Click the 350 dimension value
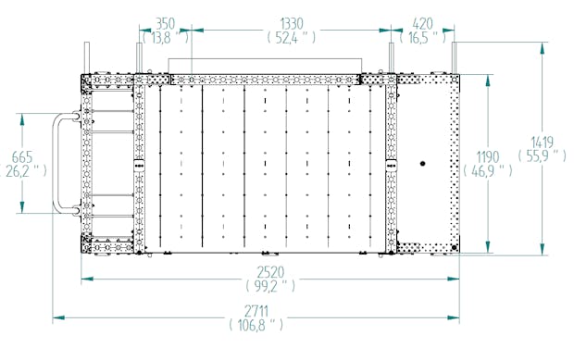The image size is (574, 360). tap(166, 24)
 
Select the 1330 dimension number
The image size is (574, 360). tap(292, 24)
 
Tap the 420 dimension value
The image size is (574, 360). tap(422, 24)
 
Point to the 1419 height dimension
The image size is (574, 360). tap(542, 143)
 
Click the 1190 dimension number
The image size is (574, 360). tap(488, 157)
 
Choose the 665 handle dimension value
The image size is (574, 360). tap(22, 157)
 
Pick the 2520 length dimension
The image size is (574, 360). tap(270, 272)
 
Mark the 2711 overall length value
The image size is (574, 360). tap(256, 311)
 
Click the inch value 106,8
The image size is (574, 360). tap(256, 325)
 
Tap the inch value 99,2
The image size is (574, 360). tap(270, 286)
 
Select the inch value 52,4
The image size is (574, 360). tap(292, 37)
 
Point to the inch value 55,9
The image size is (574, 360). tap(542, 155)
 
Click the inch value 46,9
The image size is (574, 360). tap(488, 170)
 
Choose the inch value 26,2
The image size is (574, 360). tap(23, 170)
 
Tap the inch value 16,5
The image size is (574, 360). tap(422, 37)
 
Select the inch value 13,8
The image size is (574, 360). tap(166, 37)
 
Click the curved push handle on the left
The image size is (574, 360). tap(55, 163)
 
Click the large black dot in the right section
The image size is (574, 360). tap(423, 164)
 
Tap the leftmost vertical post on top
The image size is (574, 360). tap(87, 57)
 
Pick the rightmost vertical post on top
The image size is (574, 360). tap(455, 57)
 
